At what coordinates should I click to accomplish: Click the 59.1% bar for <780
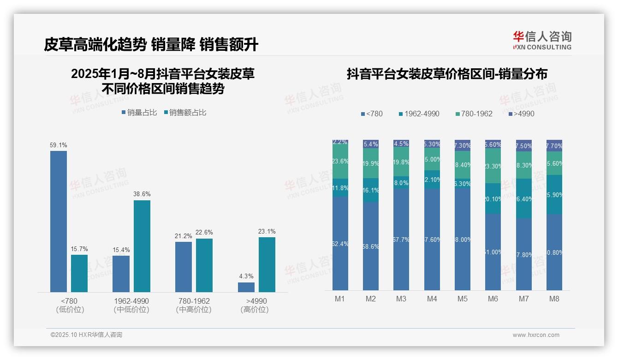pyautogui.click(x=59, y=221)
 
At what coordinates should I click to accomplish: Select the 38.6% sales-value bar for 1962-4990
pyautogui.click(x=142, y=246)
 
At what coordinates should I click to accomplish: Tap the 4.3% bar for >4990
pyautogui.click(x=246, y=287)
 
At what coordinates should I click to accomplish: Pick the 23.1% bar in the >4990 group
pyautogui.click(x=267, y=264)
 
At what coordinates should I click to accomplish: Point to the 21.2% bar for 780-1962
pyautogui.click(x=184, y=267)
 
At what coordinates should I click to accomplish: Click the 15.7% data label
pyautogui.click(x=79, y=249)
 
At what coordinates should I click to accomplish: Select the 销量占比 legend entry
pyautogui.click(x=139, y=113)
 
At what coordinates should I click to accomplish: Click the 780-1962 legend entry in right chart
pyautogui.click(x=474, y=114)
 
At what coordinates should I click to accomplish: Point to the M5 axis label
pyautogui.click(x=463, y=299)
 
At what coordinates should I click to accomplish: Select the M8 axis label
pyautogui.click(x=554, y=299)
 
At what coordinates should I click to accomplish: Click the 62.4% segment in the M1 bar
pyautogui.click(x=340, y=244)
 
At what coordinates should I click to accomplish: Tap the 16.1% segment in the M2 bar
pyautogui.click(x=371, y=190)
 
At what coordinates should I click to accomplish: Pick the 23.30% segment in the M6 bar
pyautogui.click(x=493, y=166)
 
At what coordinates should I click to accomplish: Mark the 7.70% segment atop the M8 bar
pyautogui.click(x=554, y=145)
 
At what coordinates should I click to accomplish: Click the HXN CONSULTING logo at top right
pyautogui.click(x=542, y=40)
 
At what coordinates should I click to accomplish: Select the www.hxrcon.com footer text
pyautogui.click(x=536, y=335)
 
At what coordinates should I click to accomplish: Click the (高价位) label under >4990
pyautogui.click(x=255, y=310)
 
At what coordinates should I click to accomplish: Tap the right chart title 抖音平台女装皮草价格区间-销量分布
pyautogui.click(x=447, y=74)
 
